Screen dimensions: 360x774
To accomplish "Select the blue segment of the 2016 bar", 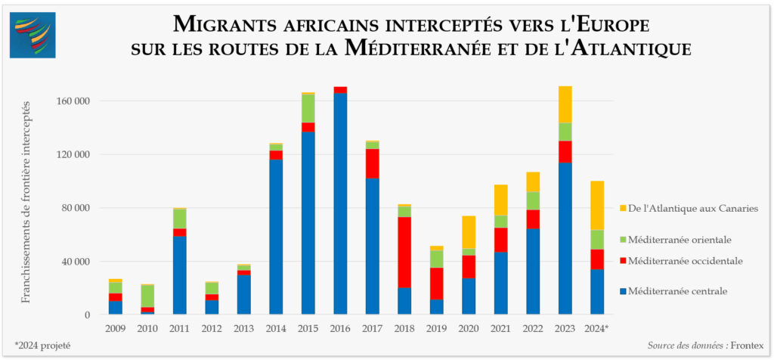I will (340, 204).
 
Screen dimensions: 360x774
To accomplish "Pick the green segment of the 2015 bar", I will (308, 108).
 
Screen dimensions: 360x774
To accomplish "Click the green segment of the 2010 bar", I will (147, 296).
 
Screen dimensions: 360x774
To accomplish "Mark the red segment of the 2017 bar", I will (373, 163).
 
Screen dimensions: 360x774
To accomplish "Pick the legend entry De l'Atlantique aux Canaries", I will (689, 209).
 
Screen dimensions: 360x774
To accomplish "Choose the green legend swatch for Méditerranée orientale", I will (622, 240).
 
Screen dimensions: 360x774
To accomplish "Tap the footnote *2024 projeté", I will (42, 345).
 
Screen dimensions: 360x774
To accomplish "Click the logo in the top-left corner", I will (33, 35).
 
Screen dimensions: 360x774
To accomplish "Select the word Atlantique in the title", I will (629, 49).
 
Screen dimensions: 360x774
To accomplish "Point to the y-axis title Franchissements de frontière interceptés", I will (26, 200).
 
